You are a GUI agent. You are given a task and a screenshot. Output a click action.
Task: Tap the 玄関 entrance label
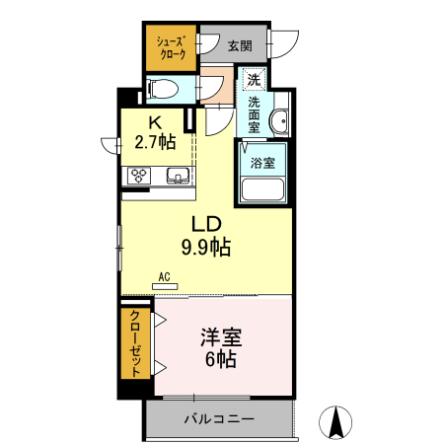click(239, 45)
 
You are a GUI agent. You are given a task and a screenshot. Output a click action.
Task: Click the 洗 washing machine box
click(254, 80)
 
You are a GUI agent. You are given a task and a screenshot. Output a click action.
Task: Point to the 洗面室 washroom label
click(255, 114)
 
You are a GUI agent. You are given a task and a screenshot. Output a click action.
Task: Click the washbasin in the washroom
click(280, 121)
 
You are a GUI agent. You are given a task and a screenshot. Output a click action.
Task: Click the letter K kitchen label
click(154, 123)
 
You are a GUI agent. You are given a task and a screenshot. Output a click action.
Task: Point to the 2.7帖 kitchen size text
click(155, 142)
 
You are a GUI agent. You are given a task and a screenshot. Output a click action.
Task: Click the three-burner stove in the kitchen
click(136, 176)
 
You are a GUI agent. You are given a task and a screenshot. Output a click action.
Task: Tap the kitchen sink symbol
click(179, 177)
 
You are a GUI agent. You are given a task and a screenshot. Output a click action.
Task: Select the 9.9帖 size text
click(204, 248)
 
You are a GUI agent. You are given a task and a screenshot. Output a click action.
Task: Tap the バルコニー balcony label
click(219, 419)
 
